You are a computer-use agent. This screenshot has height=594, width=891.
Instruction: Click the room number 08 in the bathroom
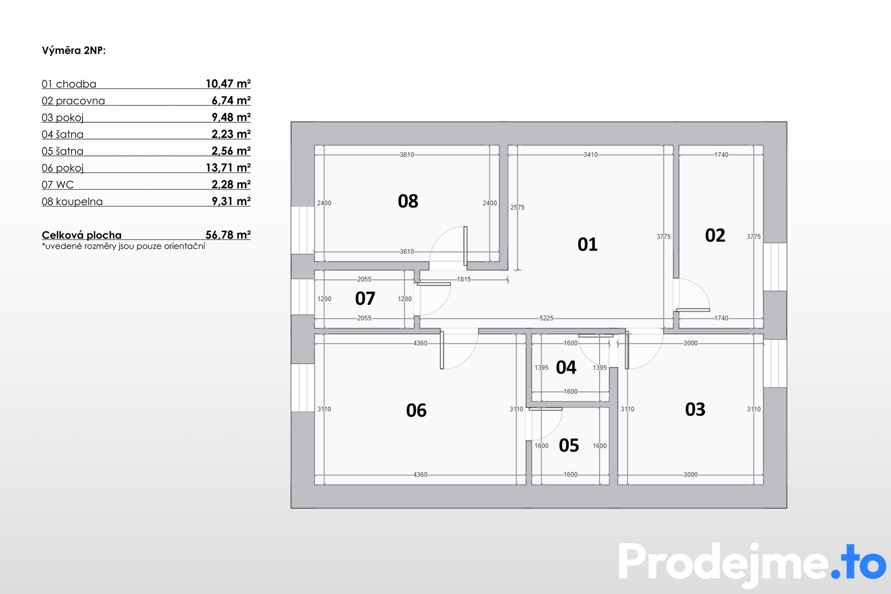click(x=408, y=201)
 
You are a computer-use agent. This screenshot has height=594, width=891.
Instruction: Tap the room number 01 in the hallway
click(x=588, y=244)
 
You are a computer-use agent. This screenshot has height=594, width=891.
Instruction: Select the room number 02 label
click(x=715, y=235)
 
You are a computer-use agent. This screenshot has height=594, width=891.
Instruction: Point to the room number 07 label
click(x=365, y=298)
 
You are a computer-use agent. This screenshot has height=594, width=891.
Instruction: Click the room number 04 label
click(x=566, y=368)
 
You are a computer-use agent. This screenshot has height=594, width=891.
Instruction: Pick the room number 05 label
click(x=569, y=445)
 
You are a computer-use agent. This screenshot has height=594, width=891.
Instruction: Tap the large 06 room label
click(x=416, y=410)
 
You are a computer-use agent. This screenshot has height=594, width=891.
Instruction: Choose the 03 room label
click(x=695, y=409)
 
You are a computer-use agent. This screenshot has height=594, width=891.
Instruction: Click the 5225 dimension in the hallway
click(x=547, y=318)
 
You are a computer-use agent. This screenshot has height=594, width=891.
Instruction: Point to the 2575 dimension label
click(x=517, y=207)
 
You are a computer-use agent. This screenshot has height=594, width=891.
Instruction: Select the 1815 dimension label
click(x=464, y=279)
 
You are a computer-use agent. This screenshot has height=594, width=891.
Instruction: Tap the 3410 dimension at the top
click(x=591, y=155)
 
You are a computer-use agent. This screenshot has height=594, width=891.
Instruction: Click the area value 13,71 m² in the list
click(x=228, y=168)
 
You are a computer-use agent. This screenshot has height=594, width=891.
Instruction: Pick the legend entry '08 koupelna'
click(x=72, y=201)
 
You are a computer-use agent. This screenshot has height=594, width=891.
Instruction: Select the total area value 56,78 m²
click(x=228, y=235)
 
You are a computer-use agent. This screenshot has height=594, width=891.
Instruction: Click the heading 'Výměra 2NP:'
click(x=74, y=51)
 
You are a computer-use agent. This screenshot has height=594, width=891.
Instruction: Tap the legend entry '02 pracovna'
click(x=73, y=101)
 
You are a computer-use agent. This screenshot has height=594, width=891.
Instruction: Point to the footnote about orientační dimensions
click(x=123, y=246)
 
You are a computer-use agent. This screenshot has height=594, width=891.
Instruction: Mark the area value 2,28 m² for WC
click(x=231, y=184)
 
